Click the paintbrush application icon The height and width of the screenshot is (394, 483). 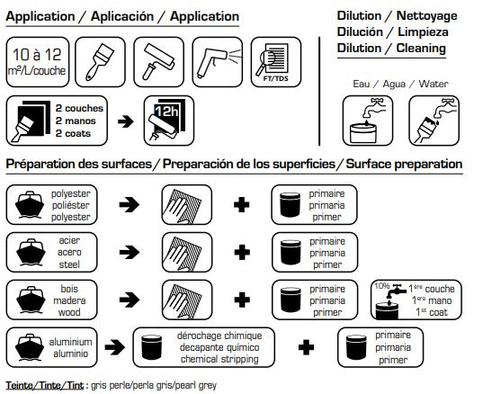click(100, 62)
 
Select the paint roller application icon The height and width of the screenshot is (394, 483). click(158, 61)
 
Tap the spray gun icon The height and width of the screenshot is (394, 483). click(217, 61)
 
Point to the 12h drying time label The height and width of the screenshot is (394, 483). click(166, 111)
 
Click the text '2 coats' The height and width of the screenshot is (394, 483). click(73, 133)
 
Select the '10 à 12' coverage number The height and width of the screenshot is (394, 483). click(37, 55)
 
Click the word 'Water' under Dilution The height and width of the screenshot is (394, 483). click(434, 84)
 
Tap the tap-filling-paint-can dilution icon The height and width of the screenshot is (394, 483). click(368, 121)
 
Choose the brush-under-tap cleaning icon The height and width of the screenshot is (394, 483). click(434, 121)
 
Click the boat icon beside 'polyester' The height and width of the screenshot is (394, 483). click(30, 204)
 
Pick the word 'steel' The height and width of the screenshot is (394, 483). click(69, 264)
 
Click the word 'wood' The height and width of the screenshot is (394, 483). click(69, 312)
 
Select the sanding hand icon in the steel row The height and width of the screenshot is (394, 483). click(184, 253)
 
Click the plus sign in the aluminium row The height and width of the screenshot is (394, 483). click(306, 347)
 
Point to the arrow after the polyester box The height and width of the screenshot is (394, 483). click(129, 204)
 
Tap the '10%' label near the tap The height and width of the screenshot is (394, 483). click(382, 286)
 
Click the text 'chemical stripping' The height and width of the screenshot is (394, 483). click(219, 359)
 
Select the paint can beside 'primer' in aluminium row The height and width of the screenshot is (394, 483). click(356, 347)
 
